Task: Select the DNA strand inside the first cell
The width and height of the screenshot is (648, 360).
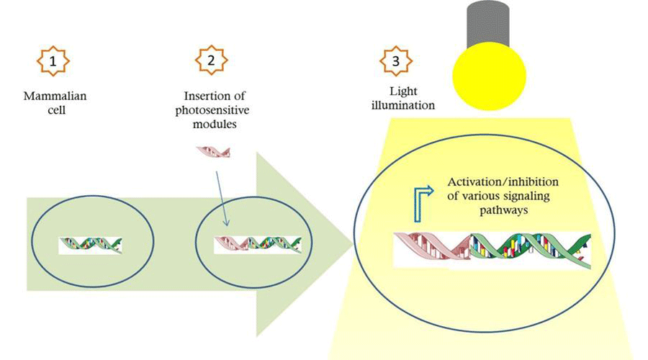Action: tap(90, 245)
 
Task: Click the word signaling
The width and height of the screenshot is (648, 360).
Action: tap(520, 196)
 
